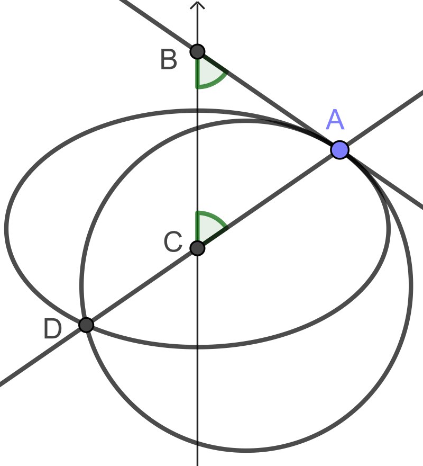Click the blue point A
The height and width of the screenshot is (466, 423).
[x=339, y=150]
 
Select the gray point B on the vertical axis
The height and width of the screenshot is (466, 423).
[x=197, y=51]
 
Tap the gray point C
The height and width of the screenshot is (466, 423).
[x=197, y=248]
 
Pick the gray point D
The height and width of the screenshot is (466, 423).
[x=86, y=325]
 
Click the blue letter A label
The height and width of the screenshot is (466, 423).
[x=335, y=120]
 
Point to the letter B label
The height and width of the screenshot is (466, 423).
[x=169, y=60]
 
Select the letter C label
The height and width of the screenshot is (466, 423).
[x=173, y=243]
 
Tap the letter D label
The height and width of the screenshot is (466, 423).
[x=53, y=329]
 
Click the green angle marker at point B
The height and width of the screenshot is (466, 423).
[x=208, y=74]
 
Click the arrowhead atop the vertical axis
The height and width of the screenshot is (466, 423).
[x=197, y=5]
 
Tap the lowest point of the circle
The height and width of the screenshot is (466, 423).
[x=246, y=451]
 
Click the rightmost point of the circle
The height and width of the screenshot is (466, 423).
[x=412, y=285]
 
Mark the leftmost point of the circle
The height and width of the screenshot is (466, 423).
[x=80, y=285]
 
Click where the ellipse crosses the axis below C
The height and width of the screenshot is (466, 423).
[x=197, y=347]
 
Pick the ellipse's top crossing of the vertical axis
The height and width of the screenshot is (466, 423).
[x=197, y=110]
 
